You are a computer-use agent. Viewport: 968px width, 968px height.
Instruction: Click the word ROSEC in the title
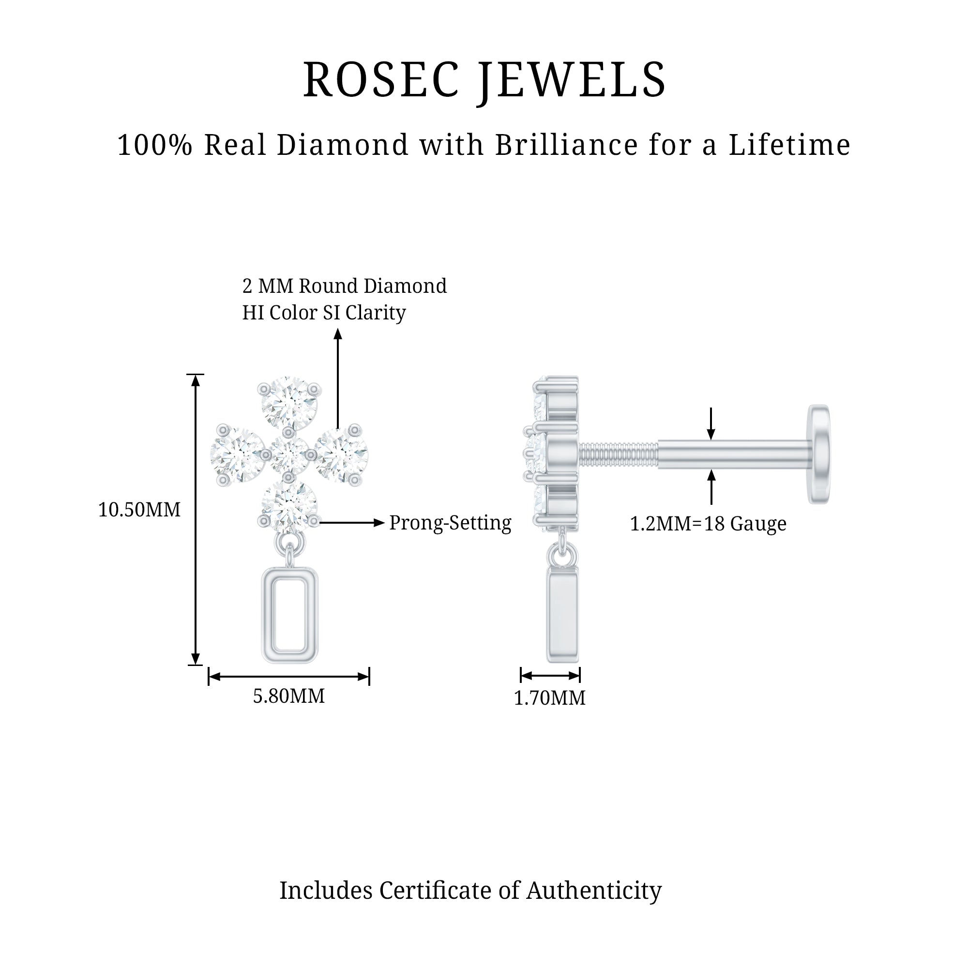coord(381,80)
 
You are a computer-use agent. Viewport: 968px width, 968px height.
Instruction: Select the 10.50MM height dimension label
coord(139,510)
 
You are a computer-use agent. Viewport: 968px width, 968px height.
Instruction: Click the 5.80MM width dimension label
coord(288,696)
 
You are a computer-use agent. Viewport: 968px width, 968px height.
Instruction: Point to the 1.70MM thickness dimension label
coord(550,698)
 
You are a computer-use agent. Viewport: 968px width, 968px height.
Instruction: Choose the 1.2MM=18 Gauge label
coord(708,524)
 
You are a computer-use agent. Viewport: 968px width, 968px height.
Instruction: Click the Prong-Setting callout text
coord(450,523)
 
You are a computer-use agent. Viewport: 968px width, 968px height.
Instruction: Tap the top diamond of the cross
coord(289,403)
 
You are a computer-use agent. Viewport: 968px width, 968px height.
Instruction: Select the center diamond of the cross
coord(289,455)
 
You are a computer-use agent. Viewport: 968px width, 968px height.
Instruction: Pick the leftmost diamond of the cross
coord(237,455)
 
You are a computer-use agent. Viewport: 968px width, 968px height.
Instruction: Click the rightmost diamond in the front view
coord(342,455)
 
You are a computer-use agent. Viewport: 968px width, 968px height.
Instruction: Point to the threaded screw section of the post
coord(619,454)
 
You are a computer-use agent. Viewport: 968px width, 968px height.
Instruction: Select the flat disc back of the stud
coord(818,454)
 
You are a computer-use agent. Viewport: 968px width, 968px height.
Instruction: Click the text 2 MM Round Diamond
coord(344,286)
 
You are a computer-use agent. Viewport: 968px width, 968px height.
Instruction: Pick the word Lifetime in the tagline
coord(789,145)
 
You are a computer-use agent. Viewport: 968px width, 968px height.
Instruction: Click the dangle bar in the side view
coord(563,615)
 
